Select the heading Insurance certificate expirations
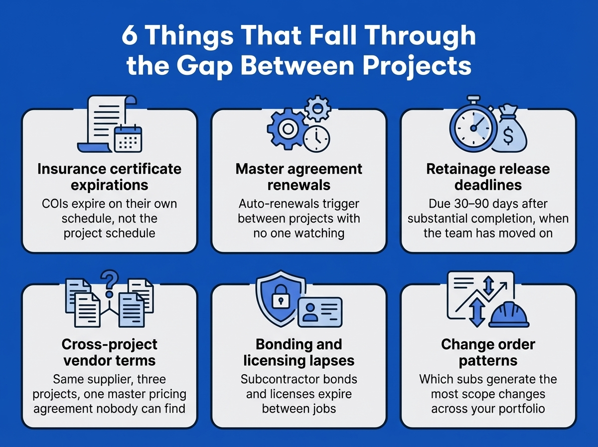[110, 177]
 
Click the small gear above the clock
[316, 108]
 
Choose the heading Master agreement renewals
[299, 177]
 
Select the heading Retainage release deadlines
[488, 177]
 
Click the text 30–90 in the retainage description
[467, 205]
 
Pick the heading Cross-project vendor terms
[110, 352]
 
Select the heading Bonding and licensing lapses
[299, 352]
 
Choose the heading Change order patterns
[488, 352]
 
